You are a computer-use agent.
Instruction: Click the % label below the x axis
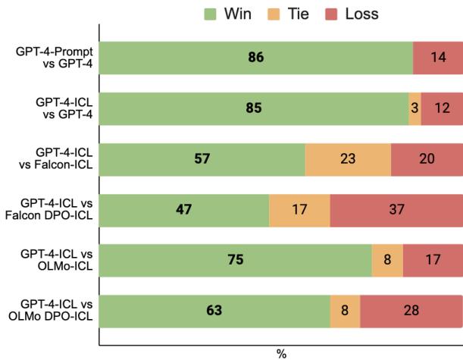coord(281,353)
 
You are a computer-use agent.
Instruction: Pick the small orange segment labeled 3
coord(415,108)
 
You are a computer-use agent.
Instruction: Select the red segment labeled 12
coord(442,108)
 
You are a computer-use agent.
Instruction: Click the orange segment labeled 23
coord(348,158)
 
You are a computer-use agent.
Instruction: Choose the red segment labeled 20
coord(427,158)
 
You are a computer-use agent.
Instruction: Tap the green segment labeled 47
coord(184,208)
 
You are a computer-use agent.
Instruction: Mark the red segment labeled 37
coord(396,208)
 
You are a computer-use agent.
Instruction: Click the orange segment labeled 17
coord(299,208)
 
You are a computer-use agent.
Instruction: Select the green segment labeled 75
coord(236,259)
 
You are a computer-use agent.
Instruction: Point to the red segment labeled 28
coord(411,310)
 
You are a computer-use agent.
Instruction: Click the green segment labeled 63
coord(214,310)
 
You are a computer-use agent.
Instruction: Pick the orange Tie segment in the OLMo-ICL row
coord(387,259)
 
